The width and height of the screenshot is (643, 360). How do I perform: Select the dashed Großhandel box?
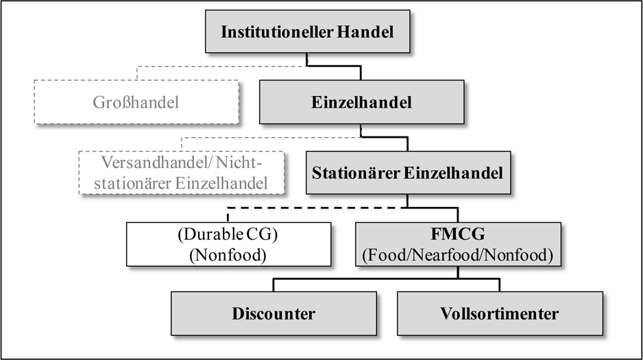point(136,103)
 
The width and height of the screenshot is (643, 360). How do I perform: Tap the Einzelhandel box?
point(362,103)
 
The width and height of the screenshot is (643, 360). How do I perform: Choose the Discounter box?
point(274,314)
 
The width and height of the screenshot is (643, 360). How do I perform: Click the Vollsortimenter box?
point(500,314)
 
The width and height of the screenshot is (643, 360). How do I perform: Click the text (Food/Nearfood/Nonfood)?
point(459,255)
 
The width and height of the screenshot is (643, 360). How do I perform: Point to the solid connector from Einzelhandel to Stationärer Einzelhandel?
point(384,136)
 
